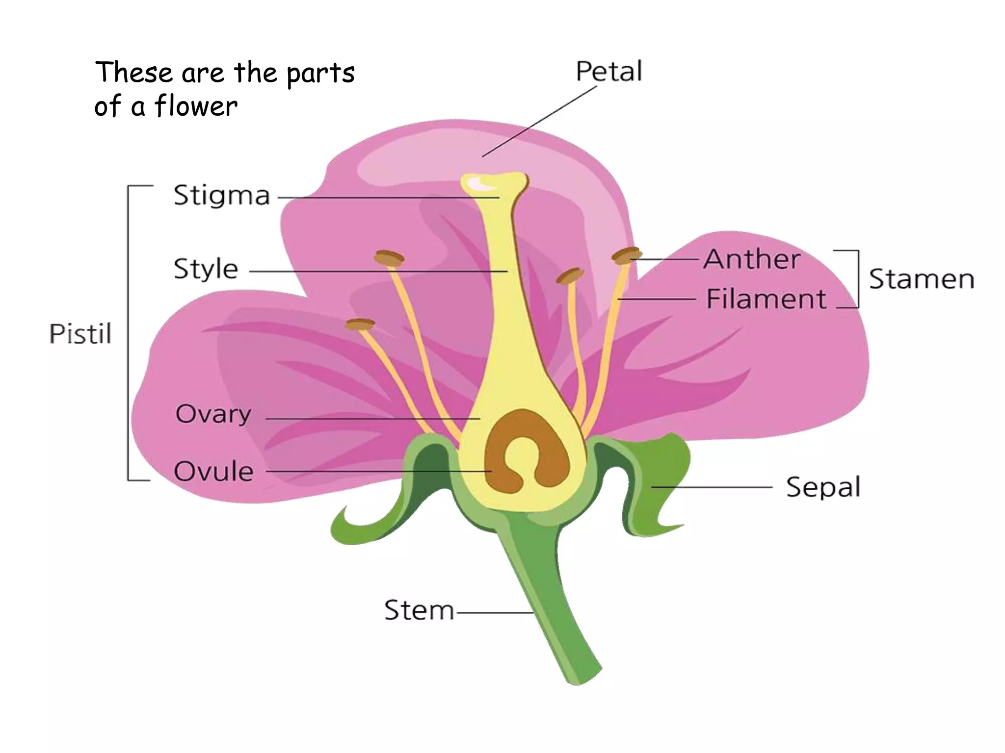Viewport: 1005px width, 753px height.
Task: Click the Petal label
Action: point(608,72)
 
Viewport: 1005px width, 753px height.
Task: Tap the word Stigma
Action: point(222,196)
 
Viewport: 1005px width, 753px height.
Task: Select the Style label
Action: point(206,269)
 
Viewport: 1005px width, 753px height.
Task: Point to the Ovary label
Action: point(213,414)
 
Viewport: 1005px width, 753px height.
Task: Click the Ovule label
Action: point(214,472)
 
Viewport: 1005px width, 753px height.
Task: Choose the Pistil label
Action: point(80,334)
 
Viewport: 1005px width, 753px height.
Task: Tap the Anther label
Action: point(751,259)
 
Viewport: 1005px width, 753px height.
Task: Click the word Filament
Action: point(766,299)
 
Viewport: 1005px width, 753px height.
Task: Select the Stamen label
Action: point(921,279)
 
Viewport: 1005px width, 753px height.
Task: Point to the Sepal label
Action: point(823,487)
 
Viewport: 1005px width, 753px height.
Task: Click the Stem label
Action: point(419,611)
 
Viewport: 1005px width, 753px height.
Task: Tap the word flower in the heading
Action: point(196,106)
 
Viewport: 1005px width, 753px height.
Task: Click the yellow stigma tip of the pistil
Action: point(493,183)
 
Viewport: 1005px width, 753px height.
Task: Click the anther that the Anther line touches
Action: point(626,255)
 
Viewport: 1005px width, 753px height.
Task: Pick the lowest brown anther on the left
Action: point(360,324)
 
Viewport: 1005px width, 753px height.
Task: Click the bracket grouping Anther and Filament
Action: point(857,279)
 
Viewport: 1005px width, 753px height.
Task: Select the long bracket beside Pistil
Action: point(129,333)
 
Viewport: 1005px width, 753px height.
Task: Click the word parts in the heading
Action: point(320,74)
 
